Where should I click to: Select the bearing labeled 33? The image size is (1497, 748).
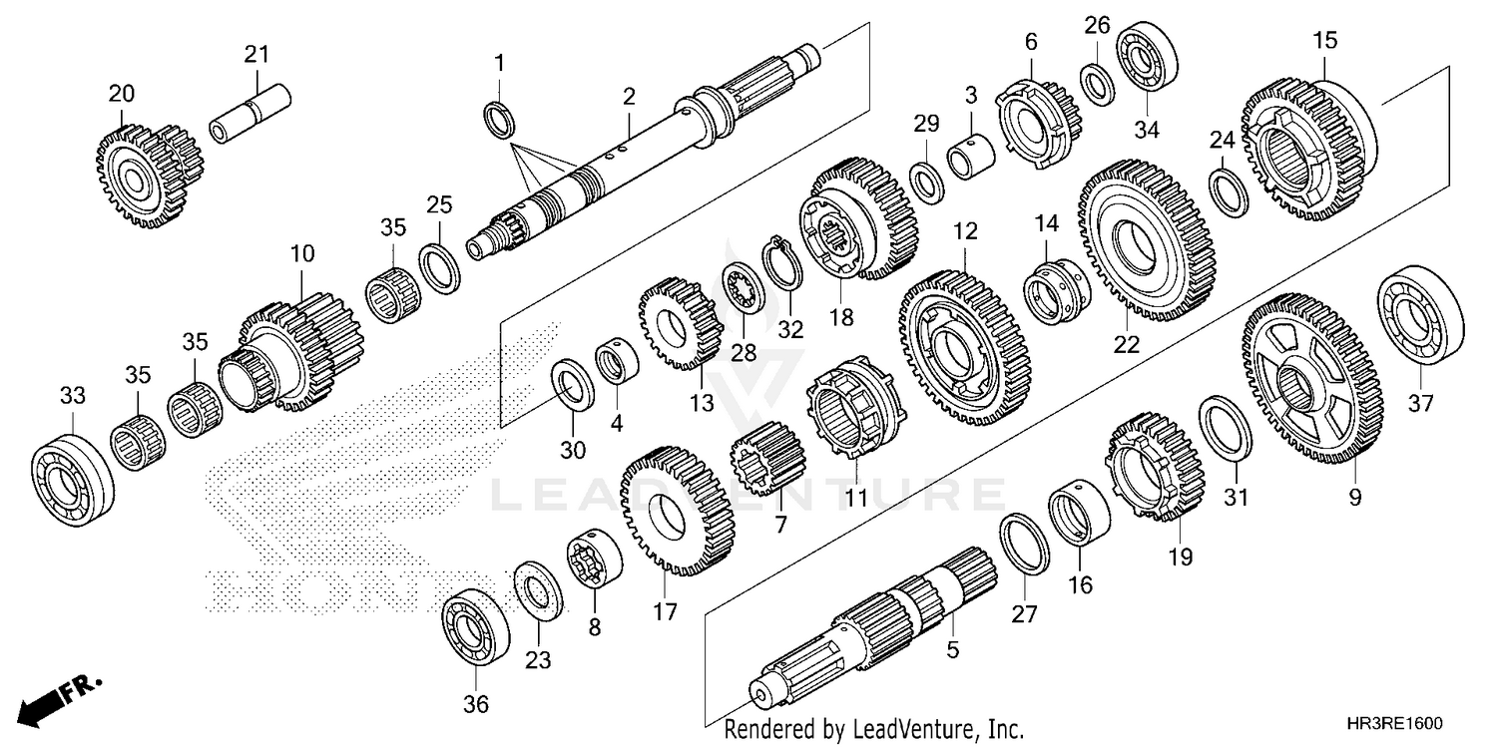(71, 468)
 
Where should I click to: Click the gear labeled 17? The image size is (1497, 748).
(676, 512)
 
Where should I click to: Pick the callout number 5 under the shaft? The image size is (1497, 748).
(952, 650)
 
